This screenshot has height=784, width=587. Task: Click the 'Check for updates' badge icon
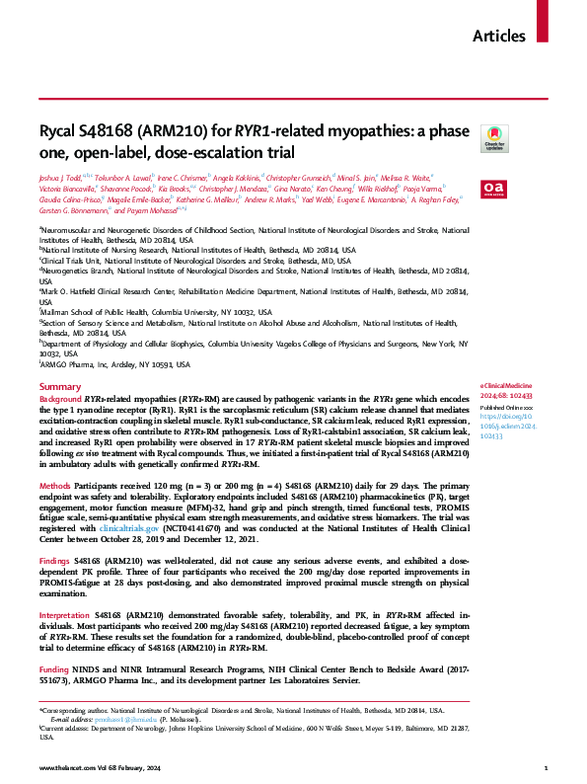(492, 138)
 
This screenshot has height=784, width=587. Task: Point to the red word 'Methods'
(55, 488)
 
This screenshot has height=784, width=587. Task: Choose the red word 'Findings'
(56, 559)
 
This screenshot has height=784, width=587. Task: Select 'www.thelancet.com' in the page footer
(69, 767)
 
